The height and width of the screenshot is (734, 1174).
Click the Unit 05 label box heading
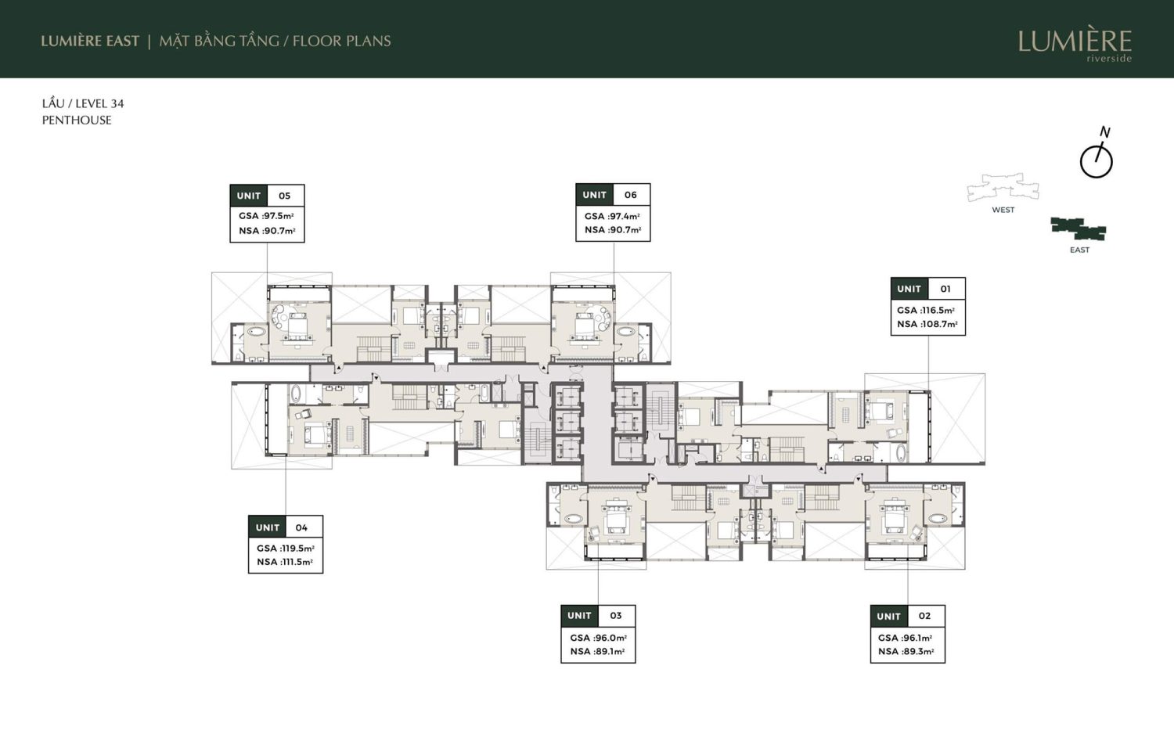pyautogui.click(x=268, y=196)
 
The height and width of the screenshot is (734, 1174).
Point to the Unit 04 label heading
pyautogui.click(x=286, y=527)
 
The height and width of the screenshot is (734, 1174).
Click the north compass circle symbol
pyautogui.click(x=1096, y=162)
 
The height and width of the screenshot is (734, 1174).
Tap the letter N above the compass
pyautogui.click(x=1105, y=132)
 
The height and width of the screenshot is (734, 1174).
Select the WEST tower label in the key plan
pyautogui.click(x=1003, y=210)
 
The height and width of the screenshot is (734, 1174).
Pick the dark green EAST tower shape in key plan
pyautogui.click(x=1079, y=229)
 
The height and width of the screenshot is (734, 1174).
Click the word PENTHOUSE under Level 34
pyautogui.click(x=77, y=120)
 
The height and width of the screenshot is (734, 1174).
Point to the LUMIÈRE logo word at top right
pyautogui.click(x=1075, y=41)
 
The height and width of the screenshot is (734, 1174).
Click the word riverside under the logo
pyautogui.click(x=1109, y=58)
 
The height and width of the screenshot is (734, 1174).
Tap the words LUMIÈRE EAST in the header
pyautogui.click(x=90, y=41)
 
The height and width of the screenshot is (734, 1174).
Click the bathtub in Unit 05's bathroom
pyautogui.click(x=257, y=332)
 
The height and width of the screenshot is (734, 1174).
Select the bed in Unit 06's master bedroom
pyautogui.click(x=583, y=326)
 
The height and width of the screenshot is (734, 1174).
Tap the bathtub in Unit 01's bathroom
pyautogui.click(x=899, y=453)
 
